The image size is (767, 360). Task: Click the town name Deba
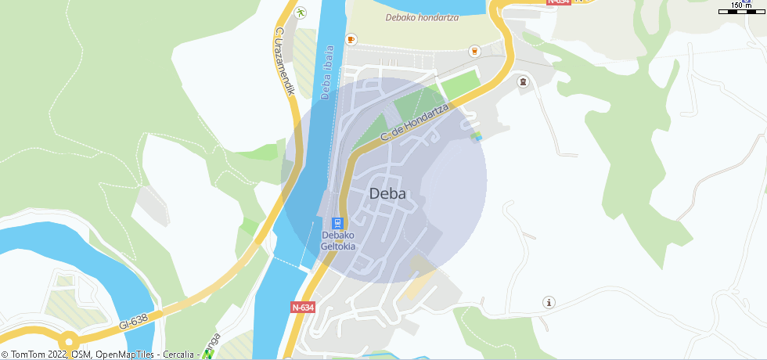pyautogui.click(x=387, y=193)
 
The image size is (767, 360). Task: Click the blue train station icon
pyautogui.click(x=338, y=223)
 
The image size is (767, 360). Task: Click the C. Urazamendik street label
pyautogui.click(x=284, y=62)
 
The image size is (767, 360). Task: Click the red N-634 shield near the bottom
pyautogui.click(x=303, y=308)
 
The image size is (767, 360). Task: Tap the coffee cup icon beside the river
pyautogui.click(x=351, y=39)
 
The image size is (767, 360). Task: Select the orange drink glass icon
pyautogui.click(x=474, y=52)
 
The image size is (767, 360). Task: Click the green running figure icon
pyautogui.click(x=301, y=13)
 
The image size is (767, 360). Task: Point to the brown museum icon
pyautogui.click(x=523, y=81)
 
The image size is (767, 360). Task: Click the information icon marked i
pyautogui.click(x=549, y=302)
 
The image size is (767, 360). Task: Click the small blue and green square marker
pyautogui.click(x=476, y=137)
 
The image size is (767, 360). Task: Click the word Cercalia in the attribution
pyautogui.click(x=178, y=355)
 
